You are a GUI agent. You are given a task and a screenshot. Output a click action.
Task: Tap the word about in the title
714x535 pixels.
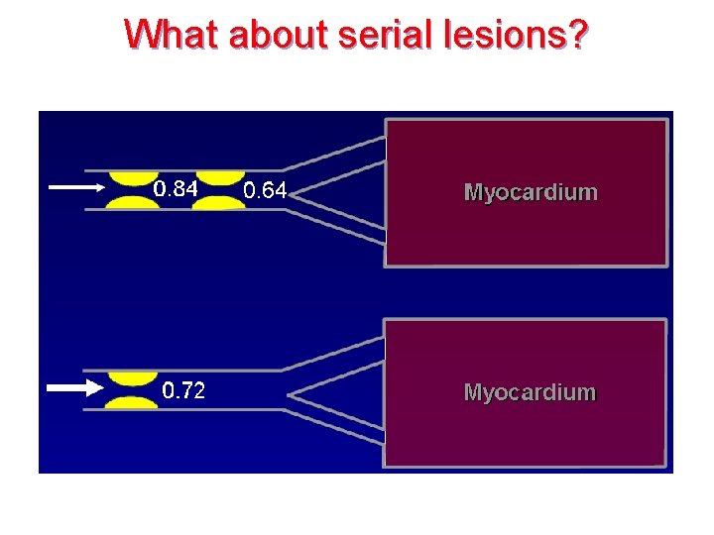tap(280, 35)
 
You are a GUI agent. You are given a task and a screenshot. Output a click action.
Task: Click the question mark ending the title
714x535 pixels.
tap(577, 35)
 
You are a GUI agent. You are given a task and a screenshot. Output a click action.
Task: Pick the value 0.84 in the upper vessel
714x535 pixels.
tap(176, 188)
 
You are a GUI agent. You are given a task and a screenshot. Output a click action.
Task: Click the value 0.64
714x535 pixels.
tap(265, 190)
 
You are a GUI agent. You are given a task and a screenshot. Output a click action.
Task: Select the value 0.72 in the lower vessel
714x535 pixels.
tap(183, 390)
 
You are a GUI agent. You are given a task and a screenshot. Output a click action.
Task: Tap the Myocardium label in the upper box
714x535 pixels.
tap(531, 192)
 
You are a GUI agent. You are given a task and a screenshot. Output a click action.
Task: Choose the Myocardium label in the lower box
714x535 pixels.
tap(531, 392)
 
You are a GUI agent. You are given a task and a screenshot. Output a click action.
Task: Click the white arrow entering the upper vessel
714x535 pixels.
tap(76, 186)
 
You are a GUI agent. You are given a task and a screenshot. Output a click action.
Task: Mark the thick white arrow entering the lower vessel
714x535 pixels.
tap(74, 387)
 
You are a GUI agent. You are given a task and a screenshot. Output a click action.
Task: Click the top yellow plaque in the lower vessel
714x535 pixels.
tap(132, 378)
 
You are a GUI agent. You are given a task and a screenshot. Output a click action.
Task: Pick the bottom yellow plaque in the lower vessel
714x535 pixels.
tap(132, 402)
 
